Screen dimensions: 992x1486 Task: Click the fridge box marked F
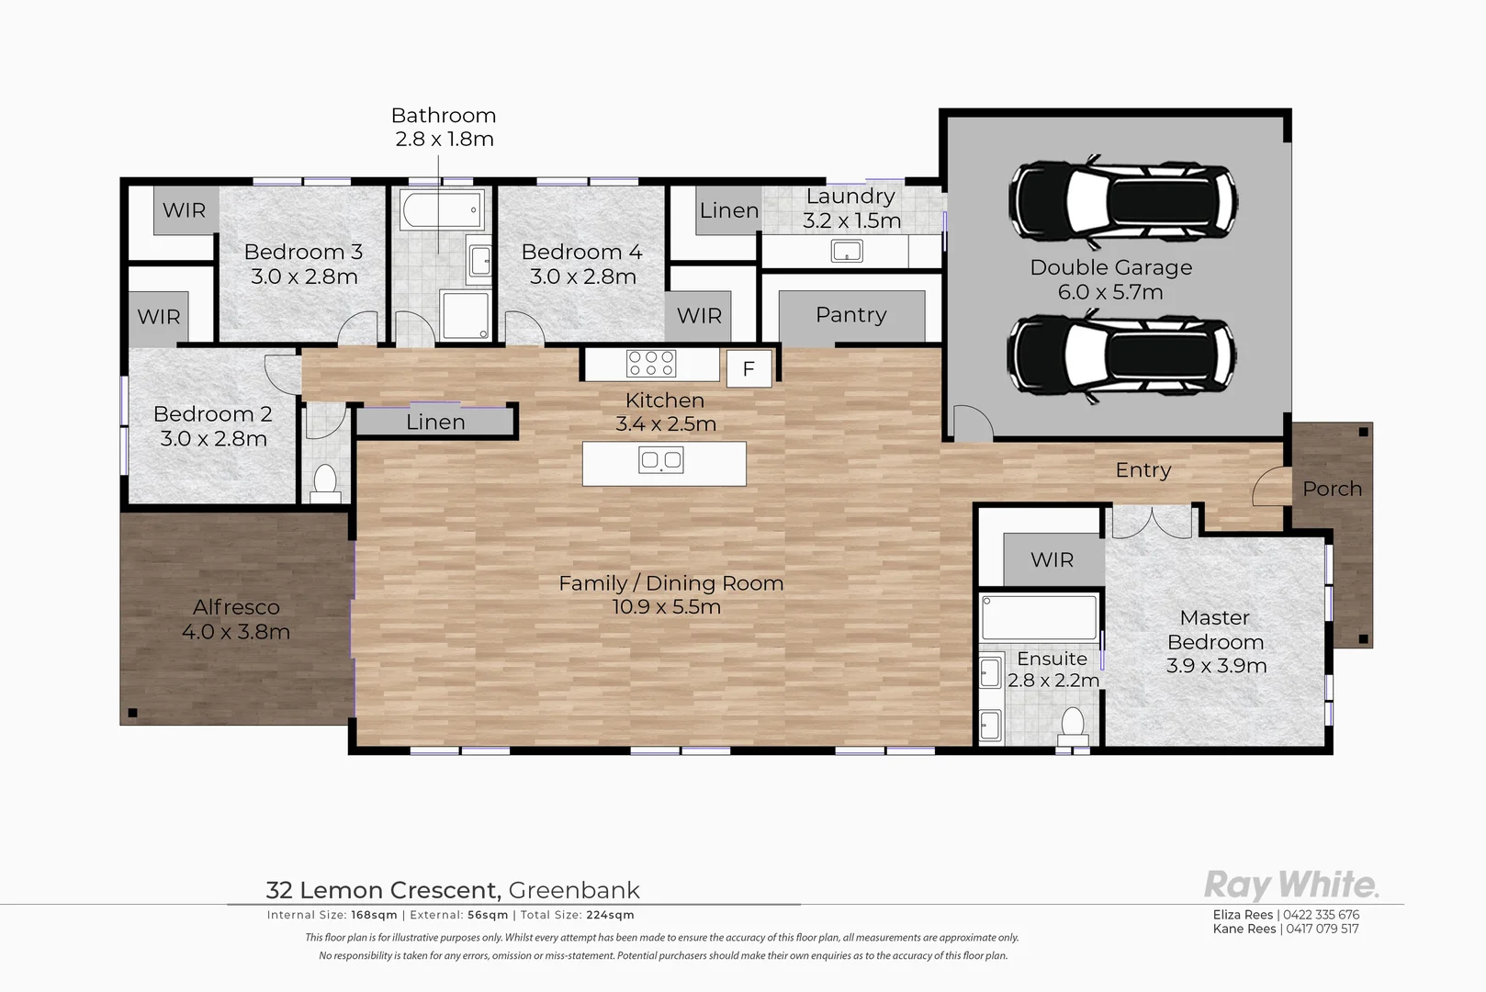(x=749, y=369)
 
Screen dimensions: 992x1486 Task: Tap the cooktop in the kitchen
(x=651, y=364)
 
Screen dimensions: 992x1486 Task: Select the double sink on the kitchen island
(x=660, y=459)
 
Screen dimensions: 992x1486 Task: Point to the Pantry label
(x=850, y=315)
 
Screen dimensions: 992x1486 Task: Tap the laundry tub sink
(x=846, y=251)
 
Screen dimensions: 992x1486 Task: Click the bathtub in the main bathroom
(x=442, y=210)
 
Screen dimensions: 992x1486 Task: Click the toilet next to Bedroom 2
(x=325, y=482)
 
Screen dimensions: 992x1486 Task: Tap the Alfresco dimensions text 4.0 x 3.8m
(x=236, y=632)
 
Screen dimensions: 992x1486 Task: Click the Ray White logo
(x=1290, y=885)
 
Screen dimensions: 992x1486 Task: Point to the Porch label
(x=1332, y=489)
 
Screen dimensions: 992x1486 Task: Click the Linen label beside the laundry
(x=728, y=210)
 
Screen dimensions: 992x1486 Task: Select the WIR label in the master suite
(x=1052, y=559)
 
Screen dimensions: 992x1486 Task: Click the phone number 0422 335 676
(x=1321, y=915)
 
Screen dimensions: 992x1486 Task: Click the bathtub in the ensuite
(x=1039, y=617)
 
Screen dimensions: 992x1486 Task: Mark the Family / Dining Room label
(x=670, y=583)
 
